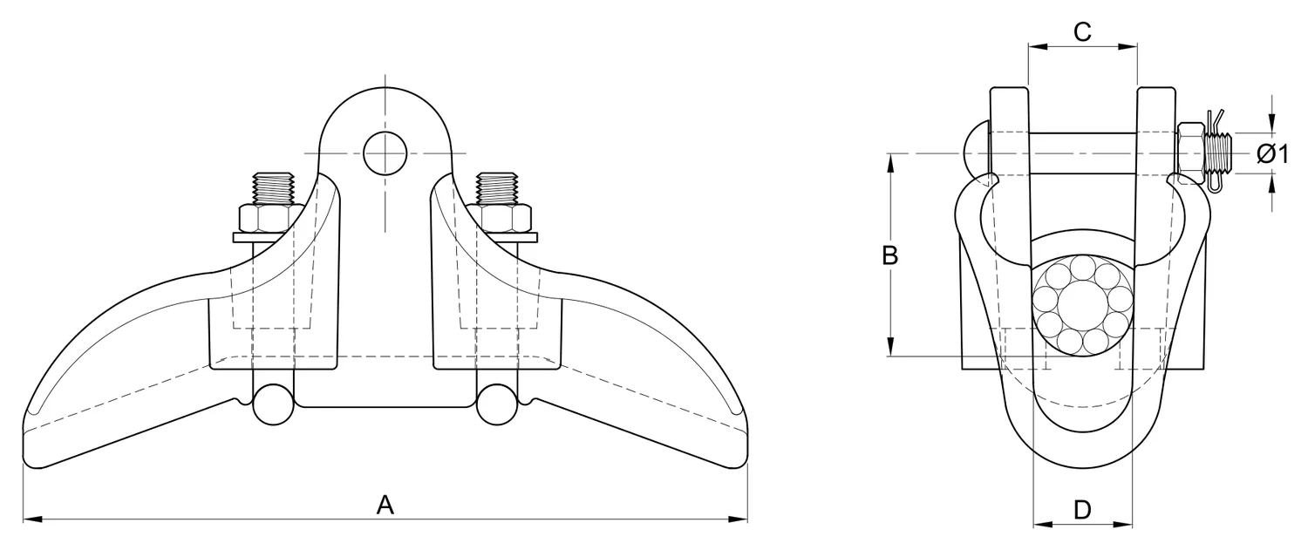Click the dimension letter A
(x=385, y=505)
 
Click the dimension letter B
(x=889, y=255)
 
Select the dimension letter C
(x=1083, y=31)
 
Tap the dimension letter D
(x=1083, y=510)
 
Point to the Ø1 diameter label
(x=1271, y=154)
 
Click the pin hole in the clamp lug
(x=385, y=153)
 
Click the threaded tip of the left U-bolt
(x=273, y=188)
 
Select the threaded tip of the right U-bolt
(x=497, y=188)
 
